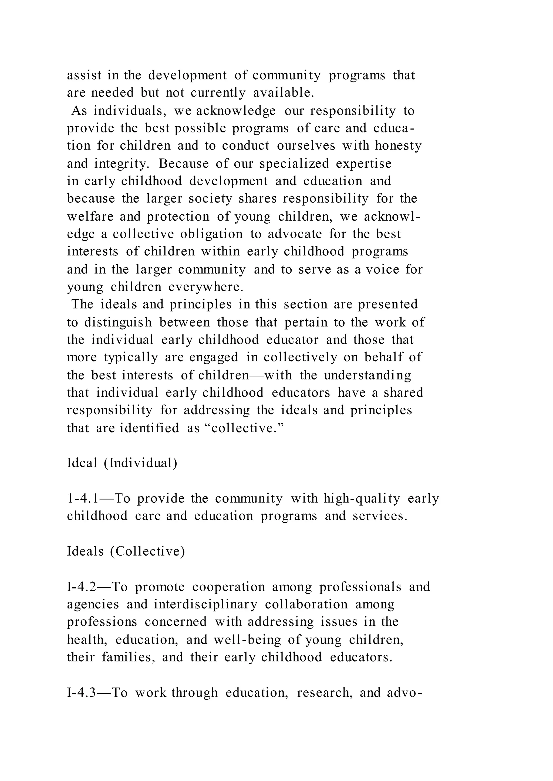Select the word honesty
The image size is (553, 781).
[398, 146]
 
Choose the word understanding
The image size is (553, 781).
[367, 375]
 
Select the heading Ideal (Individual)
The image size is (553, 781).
[122, 463]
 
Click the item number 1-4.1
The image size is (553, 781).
[83, 499]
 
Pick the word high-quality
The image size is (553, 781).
[362, 499]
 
